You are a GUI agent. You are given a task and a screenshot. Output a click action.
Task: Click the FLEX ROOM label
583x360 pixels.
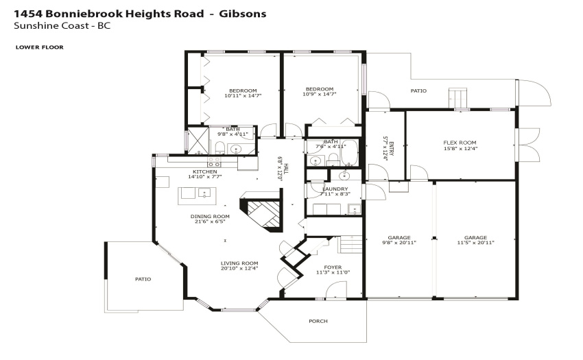[x=460, y=143]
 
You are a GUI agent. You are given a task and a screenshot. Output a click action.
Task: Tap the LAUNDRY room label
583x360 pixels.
[x=335, y=189]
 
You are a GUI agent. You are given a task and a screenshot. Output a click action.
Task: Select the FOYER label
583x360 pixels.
[x=333, y=267]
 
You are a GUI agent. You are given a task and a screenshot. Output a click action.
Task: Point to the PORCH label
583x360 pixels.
[x=318, y=321]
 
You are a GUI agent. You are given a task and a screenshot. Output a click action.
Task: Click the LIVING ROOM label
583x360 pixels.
[x=239, y=263]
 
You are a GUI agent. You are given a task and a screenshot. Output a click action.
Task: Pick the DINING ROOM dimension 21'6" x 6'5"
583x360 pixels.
[x=210, y=221]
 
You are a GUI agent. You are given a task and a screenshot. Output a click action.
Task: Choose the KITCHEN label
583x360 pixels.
[x=205, y=171]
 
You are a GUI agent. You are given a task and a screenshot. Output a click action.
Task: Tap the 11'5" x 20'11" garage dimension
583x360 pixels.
[x=475, y=243]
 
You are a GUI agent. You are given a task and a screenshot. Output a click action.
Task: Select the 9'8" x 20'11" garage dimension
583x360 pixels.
[x=399, y=243]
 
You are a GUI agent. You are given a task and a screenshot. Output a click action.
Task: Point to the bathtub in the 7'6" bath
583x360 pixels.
[x=350, y=153]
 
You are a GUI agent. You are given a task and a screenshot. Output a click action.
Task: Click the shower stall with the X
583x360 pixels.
[x=198, y=141]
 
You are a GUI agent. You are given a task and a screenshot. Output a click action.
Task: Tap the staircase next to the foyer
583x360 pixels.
[x=350, y=244]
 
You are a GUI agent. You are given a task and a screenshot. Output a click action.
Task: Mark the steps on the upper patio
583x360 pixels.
[x=457, y=98]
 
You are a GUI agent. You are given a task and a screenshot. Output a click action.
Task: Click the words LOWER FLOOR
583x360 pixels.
[x=39, y=47]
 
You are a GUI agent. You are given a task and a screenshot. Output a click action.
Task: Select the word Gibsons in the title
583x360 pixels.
[x=242, y=14]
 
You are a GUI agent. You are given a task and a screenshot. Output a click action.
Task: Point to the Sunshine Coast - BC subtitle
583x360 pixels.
[x=62, y=25]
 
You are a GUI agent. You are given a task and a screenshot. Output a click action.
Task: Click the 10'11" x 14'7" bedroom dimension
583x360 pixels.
[x=243, y=95]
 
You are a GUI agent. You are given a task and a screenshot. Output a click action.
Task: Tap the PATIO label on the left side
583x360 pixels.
[x=143, y=279]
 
